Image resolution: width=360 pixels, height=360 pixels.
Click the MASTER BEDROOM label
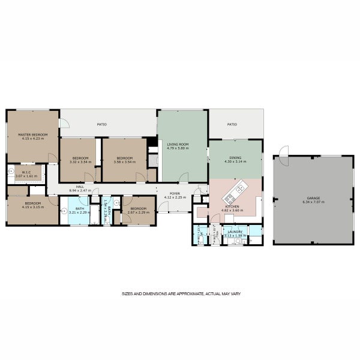(x=32, y=135)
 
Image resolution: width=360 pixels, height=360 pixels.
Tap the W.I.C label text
(x=26, y=173)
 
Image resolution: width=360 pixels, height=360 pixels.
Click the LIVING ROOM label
(x=178, y=145)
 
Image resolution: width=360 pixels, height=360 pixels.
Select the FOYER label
(x=175, y=194)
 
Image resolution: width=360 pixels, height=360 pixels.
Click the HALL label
(x=79, y=187)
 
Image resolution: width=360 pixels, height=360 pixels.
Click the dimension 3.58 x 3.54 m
(x=124, y=162)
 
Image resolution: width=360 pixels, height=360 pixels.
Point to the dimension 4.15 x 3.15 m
(x=32, y=207)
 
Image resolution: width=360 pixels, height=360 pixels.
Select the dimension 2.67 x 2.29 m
(x=138, y=212)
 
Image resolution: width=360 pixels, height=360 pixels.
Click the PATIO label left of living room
(x=102, y=125)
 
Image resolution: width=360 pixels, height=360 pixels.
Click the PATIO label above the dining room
(x=232, y=125)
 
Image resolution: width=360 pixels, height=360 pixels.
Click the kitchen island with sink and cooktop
(x=235, y=191)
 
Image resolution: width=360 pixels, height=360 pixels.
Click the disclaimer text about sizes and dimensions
(x=181, y=294)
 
